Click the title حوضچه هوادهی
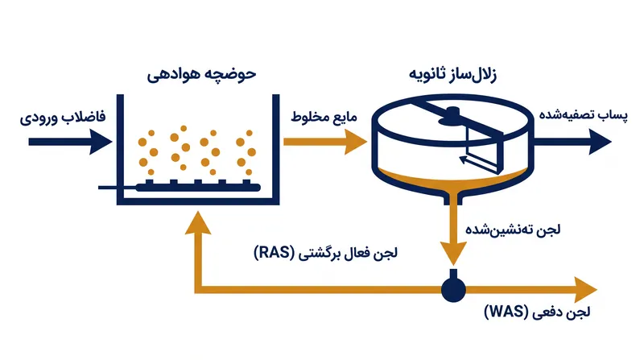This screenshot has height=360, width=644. tap(202, 75)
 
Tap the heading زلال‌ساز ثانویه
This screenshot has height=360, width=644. tap(452, 75)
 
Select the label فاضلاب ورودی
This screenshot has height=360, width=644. tap(63, 117)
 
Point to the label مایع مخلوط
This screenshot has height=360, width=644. tap(324, 117)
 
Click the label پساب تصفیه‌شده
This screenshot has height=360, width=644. tap(583, 114)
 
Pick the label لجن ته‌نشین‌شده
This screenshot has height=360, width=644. tap(513, 230)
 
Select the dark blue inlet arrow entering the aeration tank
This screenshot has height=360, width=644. tap(70, 143)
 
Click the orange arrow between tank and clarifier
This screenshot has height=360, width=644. tap(325, 143)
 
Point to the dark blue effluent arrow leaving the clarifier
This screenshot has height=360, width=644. tap(572, 142)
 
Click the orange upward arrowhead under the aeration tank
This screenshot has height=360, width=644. tap(198, 223)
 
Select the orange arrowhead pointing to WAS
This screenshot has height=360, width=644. tap(585, 290)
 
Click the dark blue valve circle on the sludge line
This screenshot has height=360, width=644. tap(453, 289)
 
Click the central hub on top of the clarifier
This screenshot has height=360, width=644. tap(451, 116)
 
